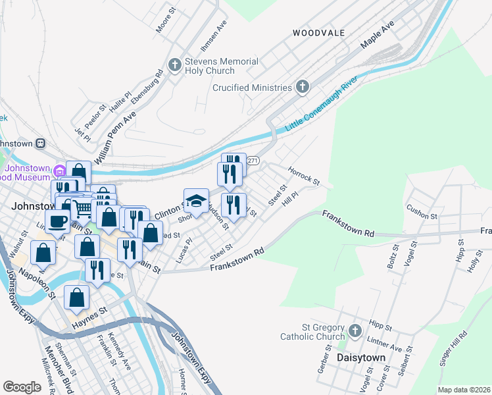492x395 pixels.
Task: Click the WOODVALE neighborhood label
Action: [x=318, y=32]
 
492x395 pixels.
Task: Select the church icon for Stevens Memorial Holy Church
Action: [x=175, y=65]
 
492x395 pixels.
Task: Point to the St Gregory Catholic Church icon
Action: [x=355, y=330]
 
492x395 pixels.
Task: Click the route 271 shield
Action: [x=254, y=161]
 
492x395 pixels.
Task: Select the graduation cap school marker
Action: [x=196, y=200]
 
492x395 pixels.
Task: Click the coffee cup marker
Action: [x=57, y=222]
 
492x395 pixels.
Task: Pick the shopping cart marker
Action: [x=82, y=209]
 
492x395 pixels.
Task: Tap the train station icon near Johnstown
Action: [x=40, y=142]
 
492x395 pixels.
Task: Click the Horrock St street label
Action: [x=303, y=175]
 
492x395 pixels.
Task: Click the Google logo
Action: [x=22, y=386]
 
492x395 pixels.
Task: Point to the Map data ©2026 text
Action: [x=463, y=390]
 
